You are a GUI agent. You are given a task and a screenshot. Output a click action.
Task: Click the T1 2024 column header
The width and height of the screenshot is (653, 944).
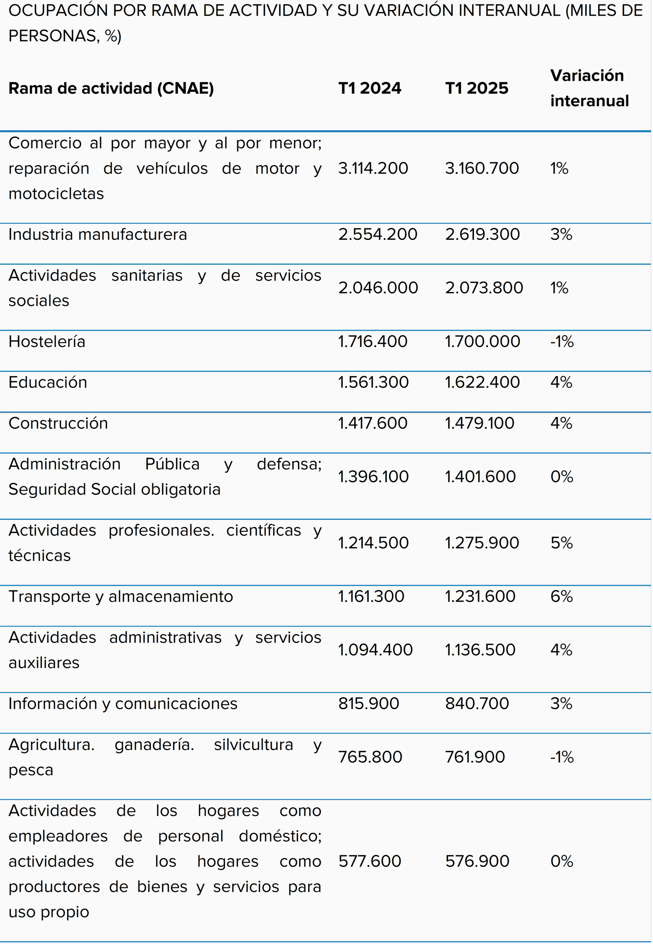click(370, 88)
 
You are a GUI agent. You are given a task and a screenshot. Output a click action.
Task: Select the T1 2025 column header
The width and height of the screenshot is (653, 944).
click(476, 88)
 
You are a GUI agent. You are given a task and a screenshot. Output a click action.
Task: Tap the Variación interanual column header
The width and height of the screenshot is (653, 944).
click(589, 88)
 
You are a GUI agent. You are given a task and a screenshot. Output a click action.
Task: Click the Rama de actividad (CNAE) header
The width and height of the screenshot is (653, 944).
click(111, 88)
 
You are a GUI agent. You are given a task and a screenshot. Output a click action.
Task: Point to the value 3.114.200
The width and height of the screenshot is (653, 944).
click(373, 168)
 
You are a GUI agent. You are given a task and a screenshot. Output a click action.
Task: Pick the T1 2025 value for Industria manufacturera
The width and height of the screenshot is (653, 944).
click(482, 235)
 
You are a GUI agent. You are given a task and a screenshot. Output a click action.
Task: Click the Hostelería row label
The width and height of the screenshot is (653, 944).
click(47, 341)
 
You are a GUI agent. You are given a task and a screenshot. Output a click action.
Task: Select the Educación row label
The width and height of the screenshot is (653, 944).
click(48, 382)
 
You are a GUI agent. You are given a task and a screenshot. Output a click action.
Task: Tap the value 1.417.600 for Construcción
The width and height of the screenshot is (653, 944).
click(372, 423)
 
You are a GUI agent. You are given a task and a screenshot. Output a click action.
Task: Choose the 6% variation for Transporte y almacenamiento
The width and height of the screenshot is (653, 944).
click(561, 596)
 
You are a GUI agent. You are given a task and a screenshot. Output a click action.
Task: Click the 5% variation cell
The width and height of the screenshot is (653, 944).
click(561, 543)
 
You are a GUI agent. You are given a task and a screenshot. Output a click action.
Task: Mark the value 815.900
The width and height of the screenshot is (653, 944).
click(368, 704)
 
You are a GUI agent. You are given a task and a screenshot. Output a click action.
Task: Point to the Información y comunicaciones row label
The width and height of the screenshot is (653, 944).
click(123, 704)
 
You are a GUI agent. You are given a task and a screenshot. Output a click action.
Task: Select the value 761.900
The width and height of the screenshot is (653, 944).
click(475, 757)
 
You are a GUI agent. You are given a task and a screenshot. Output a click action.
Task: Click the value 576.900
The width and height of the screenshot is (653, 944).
click(477, 861)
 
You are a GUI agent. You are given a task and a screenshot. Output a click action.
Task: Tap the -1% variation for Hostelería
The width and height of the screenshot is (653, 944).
click(562, 341)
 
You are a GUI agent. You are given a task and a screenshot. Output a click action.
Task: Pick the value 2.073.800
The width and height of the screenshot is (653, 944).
click(484, 288)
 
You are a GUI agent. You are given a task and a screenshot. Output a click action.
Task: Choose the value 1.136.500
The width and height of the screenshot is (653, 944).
click(480, 650)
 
